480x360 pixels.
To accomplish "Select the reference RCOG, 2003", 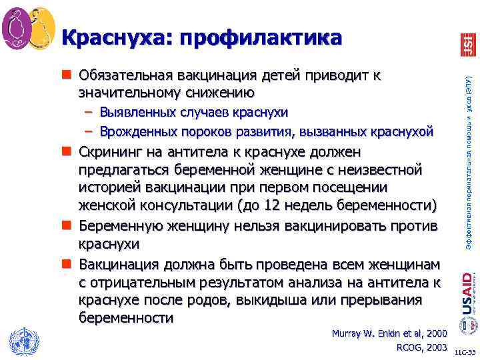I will click(x=421, y=347).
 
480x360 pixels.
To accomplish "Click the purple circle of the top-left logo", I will click(x=17, y=29).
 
